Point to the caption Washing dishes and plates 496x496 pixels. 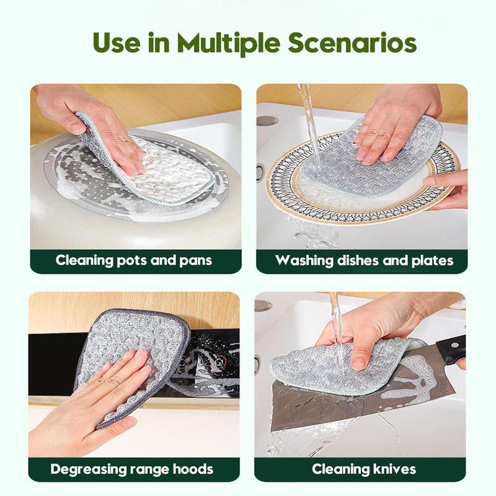[365, 259]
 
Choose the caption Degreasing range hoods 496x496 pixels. [131, 468]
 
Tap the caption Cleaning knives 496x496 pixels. [364, 468]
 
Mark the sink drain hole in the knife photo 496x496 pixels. [263, 306]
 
